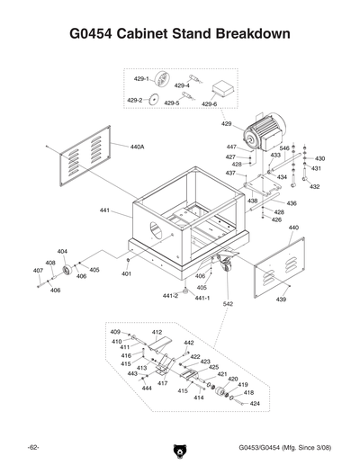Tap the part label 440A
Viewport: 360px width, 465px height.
(x=137, y=146)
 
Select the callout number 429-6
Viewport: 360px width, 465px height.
(x=210, y=104)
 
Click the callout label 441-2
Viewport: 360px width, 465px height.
(x=170, y=295)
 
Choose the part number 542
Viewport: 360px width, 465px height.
(x=228, y=305)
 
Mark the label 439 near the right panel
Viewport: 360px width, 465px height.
(x=281, y=300)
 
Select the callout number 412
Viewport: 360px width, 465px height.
(x=157, y=332)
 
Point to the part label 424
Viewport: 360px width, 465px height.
(x=255, y=403)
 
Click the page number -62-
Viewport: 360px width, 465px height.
(x=32, y=447)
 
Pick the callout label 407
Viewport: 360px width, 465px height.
(x=38, y=270)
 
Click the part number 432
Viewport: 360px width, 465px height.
(x=314, y=187)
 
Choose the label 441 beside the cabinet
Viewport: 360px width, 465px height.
(x=104, y=210)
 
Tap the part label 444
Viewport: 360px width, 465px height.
(x=146, y=389)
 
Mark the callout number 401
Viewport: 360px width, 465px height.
(x=127, y=273)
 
